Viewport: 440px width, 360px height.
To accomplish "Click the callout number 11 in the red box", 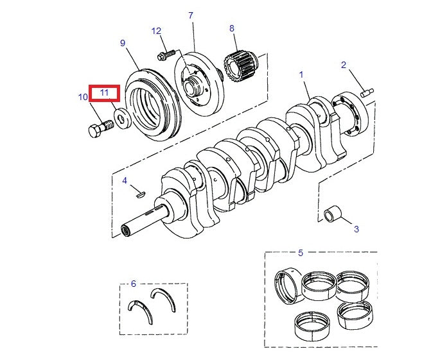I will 104,93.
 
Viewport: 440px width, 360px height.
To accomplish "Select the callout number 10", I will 83,98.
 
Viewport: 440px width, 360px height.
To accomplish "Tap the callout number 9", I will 122,43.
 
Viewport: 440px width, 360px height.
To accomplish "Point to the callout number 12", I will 157,31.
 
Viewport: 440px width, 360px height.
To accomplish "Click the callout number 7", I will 190,15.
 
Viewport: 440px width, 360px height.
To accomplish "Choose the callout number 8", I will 232,28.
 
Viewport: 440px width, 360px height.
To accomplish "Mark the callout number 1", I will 301,75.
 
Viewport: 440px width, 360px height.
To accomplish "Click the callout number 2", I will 344,65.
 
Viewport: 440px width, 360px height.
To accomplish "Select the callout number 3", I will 356,228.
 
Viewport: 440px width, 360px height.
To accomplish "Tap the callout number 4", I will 125,180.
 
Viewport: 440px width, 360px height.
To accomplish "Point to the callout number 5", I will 300,252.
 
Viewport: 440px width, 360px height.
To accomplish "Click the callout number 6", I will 133,283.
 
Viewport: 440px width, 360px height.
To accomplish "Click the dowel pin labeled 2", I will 367,92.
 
